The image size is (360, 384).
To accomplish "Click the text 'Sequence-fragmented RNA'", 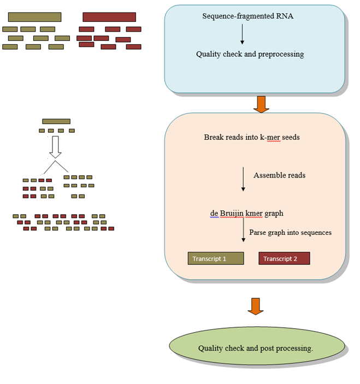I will click(247, 16).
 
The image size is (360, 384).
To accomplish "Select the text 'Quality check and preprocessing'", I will click(250, 54).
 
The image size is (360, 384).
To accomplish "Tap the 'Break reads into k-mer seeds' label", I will click(251, 137).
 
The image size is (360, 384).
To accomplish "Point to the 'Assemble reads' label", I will click(279, 175).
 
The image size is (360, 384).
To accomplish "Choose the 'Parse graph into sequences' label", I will click(290, 232).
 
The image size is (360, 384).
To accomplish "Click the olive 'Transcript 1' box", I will click(215, 258).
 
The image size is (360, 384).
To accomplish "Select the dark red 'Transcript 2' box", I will click(284, 258).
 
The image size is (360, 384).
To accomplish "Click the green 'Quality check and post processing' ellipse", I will click(257, 348).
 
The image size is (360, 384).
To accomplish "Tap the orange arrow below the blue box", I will click(261, 104).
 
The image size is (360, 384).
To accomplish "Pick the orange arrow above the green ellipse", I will click(256, 306).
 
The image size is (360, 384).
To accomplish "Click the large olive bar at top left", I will click(34, 17).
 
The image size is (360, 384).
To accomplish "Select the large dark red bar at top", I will click(109, 17).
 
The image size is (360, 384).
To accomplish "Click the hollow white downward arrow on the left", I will click(54, 146).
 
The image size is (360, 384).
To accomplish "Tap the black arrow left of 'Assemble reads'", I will click(243, 179).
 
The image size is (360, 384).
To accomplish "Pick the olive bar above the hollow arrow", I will click(56, 121).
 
